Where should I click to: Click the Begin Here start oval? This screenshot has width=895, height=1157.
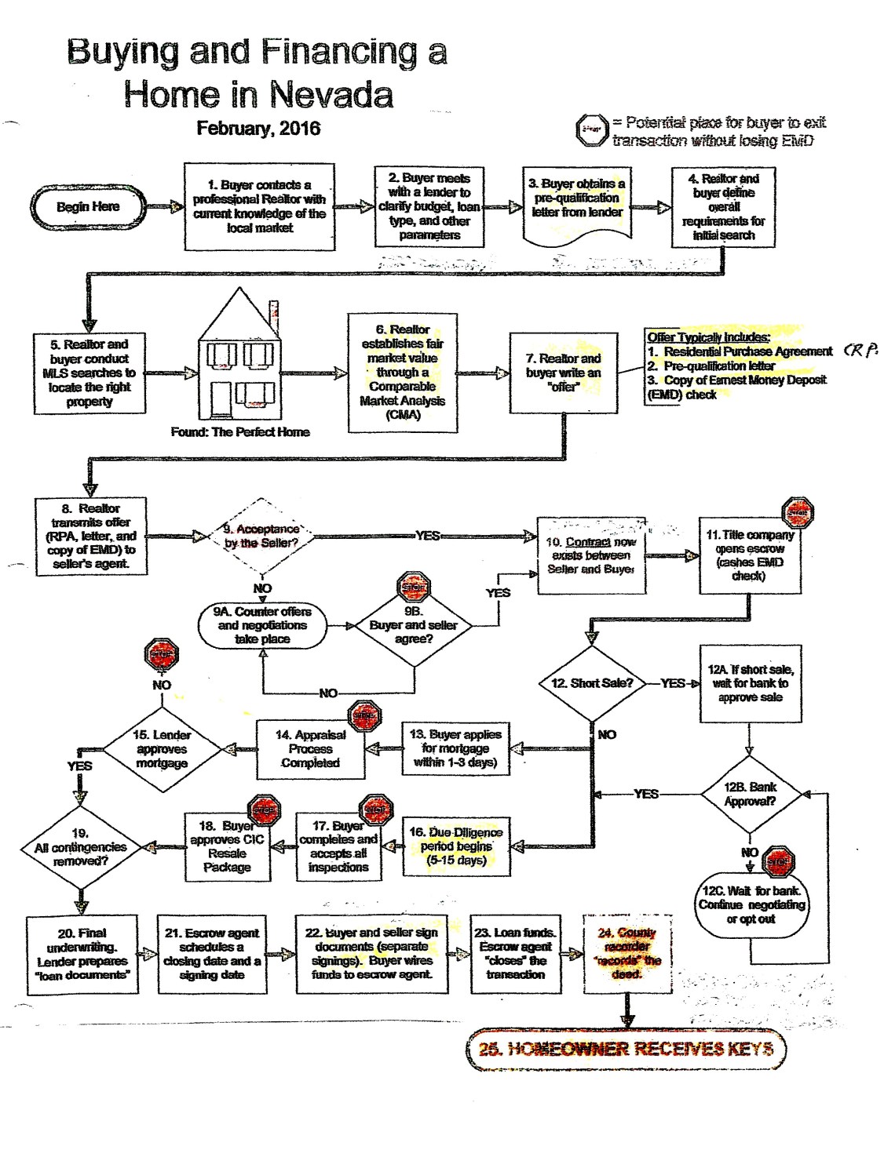click(88, 207)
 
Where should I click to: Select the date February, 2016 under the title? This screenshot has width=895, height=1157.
click(258, 129)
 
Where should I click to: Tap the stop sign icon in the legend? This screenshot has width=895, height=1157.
click(593, 129)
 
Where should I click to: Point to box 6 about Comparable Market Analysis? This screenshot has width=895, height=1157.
click(403, 373)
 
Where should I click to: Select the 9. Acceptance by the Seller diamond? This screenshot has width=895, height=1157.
click(261, 537)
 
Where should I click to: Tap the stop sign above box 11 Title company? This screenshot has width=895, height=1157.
click(798, 513)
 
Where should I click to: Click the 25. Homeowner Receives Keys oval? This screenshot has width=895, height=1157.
click(626, 1049)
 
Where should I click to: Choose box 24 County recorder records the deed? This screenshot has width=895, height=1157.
click(627, 954)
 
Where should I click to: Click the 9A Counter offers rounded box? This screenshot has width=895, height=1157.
click(262, 625)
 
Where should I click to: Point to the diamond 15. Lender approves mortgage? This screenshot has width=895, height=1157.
click(162, 749)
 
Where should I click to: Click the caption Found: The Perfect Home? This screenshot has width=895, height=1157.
click(240, 432)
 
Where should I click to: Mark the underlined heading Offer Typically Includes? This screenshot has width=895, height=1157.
click(708, 337)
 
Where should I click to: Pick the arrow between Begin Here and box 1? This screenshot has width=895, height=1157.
click(165, 207)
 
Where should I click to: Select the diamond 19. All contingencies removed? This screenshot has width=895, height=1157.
click(80, 847)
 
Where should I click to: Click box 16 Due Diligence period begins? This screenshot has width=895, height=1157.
click(455, 846)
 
